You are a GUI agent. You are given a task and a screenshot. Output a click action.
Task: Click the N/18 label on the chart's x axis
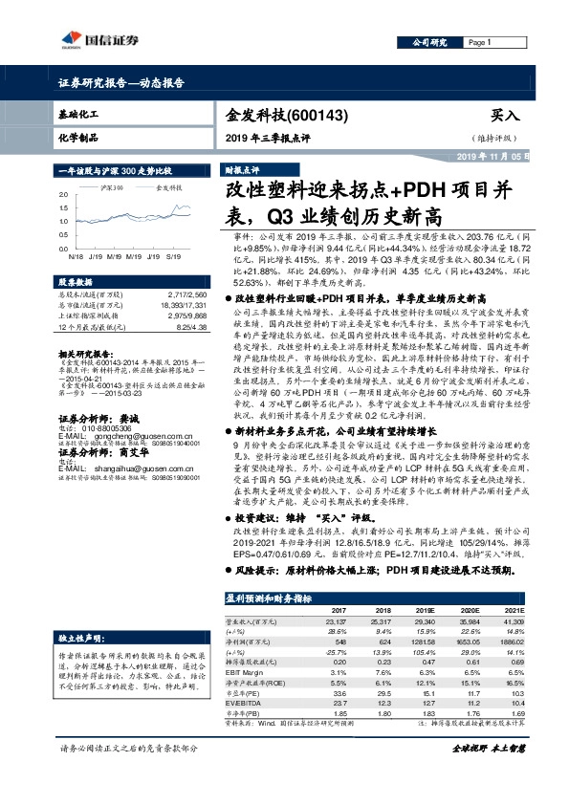coord(75,256)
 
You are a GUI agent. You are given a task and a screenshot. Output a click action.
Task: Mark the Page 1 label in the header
coord(480,43)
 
